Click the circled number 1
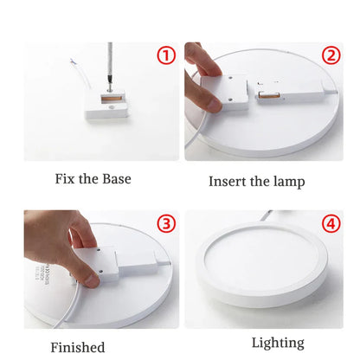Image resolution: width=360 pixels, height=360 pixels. (x=166, y=57)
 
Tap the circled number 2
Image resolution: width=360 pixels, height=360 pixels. (x=331, y=56)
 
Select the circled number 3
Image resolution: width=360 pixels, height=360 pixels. (x=166, y=224)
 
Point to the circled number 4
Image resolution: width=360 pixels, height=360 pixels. (x=331, y=224)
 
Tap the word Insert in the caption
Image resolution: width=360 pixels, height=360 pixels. (x=228, y=182)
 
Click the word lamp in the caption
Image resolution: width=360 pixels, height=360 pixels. (x=287, y=183)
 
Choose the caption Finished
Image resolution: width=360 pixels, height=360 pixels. (x=78, y=346)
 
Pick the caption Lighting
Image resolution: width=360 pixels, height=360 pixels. (x=278, y=343)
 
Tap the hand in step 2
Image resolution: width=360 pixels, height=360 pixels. (x=205, y=82)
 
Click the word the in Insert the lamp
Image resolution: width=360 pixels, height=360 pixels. (x=261, y=182)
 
